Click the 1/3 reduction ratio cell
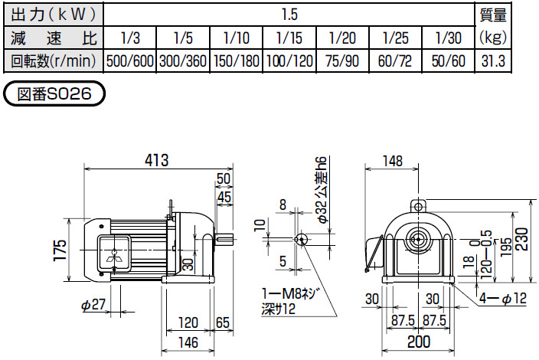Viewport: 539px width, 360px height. point(129,38)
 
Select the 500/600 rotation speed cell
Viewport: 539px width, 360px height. point(129,61)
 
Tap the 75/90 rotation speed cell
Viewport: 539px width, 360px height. point(341,61)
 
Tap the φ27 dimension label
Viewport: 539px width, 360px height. point(92,305)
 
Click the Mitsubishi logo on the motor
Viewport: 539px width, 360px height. point(115,257)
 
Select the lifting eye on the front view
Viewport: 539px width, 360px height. point(418,205)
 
